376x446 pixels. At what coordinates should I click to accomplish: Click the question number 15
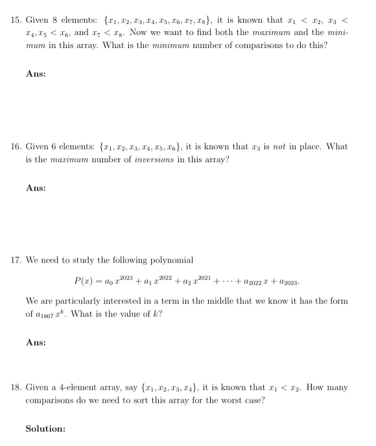(x=16, y=21)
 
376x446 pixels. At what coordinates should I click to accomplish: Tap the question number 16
(x=16, y=147)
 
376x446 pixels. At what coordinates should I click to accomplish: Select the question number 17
(x=16, y=260)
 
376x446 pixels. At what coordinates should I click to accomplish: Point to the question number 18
(x=16, y=388)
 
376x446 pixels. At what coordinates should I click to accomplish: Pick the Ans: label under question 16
(x=36, y=188)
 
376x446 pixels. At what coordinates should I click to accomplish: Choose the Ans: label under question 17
(x=36, y=342)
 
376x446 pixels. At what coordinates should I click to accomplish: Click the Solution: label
(x=45, y=428)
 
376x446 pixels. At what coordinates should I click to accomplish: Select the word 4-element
(x=81, y=388)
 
